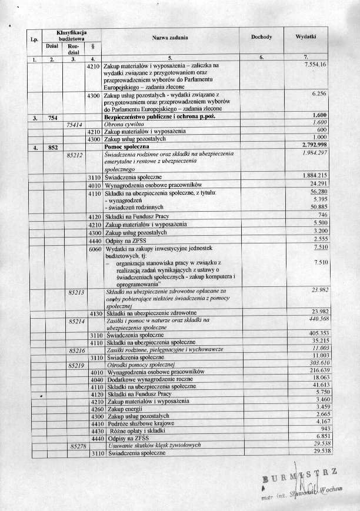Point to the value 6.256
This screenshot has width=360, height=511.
[319, 94]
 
